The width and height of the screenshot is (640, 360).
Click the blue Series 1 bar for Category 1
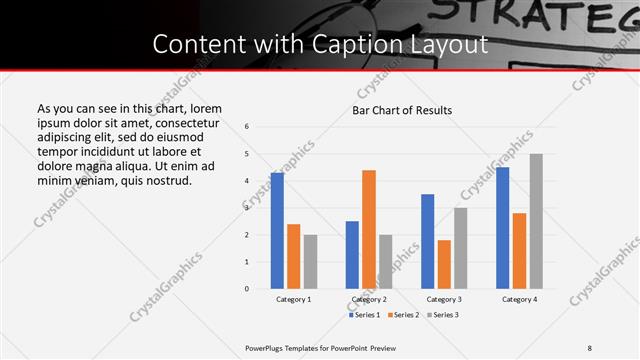click(x=277, y=231)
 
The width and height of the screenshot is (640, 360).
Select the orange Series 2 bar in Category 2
click(x=369, y=229)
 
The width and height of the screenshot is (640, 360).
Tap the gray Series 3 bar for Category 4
click(x=536, y=221)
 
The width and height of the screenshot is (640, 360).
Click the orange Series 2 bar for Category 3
click(x=444, y=264)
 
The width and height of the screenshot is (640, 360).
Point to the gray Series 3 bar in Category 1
click(x=310, y=262)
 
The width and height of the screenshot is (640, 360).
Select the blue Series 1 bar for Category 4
click(x=503, y=228)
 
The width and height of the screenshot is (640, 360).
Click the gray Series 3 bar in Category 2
click(x=386, y=262)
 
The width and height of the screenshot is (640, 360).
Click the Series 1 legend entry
click(x=365, y=315)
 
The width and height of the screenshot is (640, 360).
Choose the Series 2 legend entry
click(x=402, y=315)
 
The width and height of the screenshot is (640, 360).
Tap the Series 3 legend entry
click(x=441, y=315)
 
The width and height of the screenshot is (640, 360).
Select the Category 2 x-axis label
click(x=369, y=299)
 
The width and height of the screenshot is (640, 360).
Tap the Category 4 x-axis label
click(x=519, y=299)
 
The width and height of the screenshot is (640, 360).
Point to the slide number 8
click(x=590, y=347)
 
